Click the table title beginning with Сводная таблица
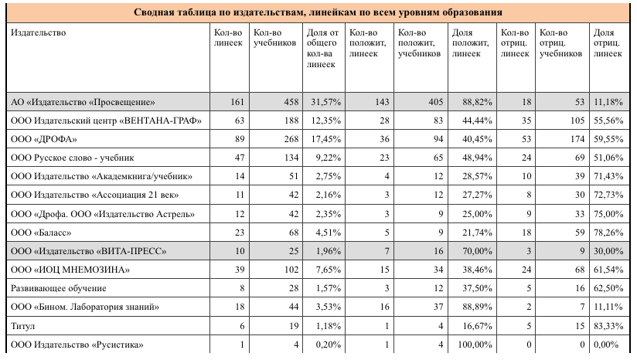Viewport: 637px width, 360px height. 318,12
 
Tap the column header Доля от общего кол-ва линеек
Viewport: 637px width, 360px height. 322,49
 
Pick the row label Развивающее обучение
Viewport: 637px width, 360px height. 58,287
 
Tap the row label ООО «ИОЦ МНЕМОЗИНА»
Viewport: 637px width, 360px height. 70,269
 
